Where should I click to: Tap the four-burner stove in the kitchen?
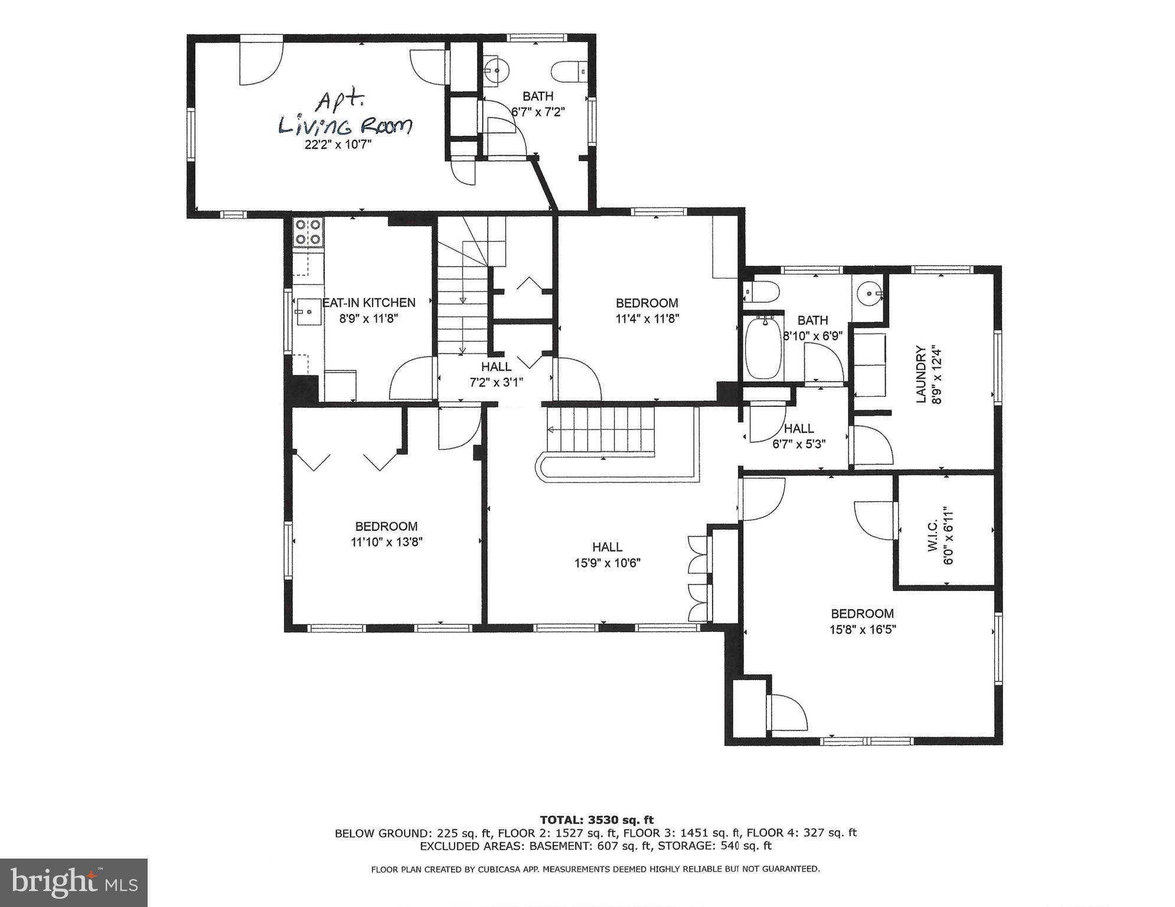[x=308, y=231]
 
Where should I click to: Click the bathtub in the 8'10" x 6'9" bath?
[x=764, y=347]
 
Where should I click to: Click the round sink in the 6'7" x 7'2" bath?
[x=497, y=71]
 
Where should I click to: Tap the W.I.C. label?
[x=932, y=536]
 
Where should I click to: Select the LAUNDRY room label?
[x=921, y=374]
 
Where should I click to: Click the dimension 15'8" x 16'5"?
[x=862, y=629]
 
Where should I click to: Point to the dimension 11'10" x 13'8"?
[x=386, y=541]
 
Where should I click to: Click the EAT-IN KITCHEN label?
[x=369, y=302]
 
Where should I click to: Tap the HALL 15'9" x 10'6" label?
[x=607, y=547]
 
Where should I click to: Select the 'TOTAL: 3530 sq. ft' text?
[x=596, y=820]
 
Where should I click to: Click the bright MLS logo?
[x=74, y=882]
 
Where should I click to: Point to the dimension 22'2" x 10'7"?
[x=338, y=144]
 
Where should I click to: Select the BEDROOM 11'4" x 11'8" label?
[x=647, y=303]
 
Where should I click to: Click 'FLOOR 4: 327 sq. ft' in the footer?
[x=801, y=833]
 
